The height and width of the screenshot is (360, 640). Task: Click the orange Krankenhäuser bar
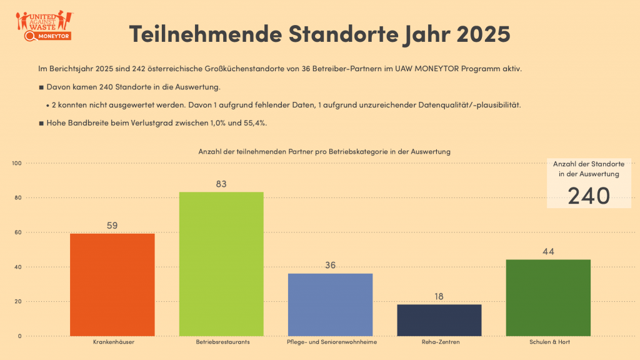[x=112, y=285]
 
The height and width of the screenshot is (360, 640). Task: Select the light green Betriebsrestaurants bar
[x=221, y=264]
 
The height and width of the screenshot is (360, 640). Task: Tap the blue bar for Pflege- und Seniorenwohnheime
[x=330, y=305]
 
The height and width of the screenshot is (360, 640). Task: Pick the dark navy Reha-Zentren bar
[x=439, y=321]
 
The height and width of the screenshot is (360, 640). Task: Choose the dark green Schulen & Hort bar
[x=548, y=298]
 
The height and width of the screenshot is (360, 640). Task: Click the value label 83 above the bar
[x=221, y=184]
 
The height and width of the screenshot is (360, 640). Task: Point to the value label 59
[x=112, y=226]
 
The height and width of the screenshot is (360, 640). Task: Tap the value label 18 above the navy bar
[x=439, y=297]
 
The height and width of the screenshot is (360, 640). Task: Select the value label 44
[x=548, y=252]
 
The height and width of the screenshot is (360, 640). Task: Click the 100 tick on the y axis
[x=17, y=163]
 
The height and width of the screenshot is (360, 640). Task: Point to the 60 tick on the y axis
[x=18, y=232]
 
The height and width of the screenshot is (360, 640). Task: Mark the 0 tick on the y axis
[x=19, y=336]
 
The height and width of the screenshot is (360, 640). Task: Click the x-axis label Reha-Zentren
[x=441, y=342]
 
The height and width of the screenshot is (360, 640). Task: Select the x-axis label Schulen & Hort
[x=549, y=342]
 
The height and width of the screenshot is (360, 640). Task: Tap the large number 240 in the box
[x=589, y=196]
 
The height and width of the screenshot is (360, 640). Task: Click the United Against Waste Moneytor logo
[x=44, y=26]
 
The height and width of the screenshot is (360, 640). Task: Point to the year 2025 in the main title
[x=483, y=34]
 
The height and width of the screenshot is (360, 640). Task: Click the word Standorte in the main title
[x=343, y=34]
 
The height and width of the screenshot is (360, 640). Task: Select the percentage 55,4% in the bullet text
[x=255, y=123]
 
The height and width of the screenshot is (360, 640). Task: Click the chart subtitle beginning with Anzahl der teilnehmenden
[x=324, y=151]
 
